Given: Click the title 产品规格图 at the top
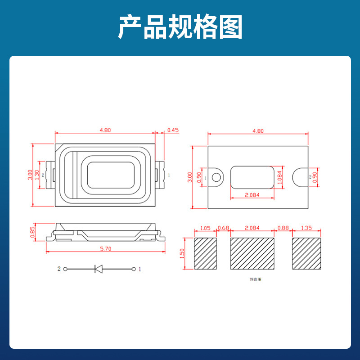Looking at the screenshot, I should click(180, 27).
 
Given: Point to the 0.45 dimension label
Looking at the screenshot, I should click(173, 130).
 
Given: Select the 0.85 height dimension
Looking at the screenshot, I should click(32, 231).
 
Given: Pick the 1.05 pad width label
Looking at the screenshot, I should click(205, 228).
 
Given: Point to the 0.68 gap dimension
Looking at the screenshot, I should click(223, 228).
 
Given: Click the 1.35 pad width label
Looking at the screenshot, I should click(306, 228).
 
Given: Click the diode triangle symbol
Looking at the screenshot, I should click(99, 269).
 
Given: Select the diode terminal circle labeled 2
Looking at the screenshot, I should click(65, 269).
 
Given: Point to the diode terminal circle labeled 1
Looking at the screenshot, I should click(134, 269).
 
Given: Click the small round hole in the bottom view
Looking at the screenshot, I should click(217, 176).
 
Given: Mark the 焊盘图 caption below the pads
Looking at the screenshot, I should click(255, 279).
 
